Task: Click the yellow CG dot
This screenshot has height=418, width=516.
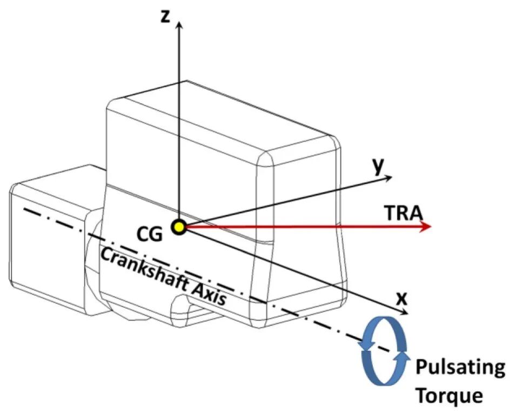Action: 179,227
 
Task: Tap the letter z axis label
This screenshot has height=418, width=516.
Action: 165,16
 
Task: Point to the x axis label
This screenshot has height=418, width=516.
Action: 401,298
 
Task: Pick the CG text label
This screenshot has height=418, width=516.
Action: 150,234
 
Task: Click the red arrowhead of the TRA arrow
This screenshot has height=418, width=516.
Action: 426,226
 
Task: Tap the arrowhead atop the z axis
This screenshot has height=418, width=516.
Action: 179,25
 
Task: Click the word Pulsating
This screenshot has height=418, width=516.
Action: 460,368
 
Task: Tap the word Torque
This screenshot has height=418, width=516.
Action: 450,395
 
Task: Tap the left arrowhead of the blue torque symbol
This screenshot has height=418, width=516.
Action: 366,344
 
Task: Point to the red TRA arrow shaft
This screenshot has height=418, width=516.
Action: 303,227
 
